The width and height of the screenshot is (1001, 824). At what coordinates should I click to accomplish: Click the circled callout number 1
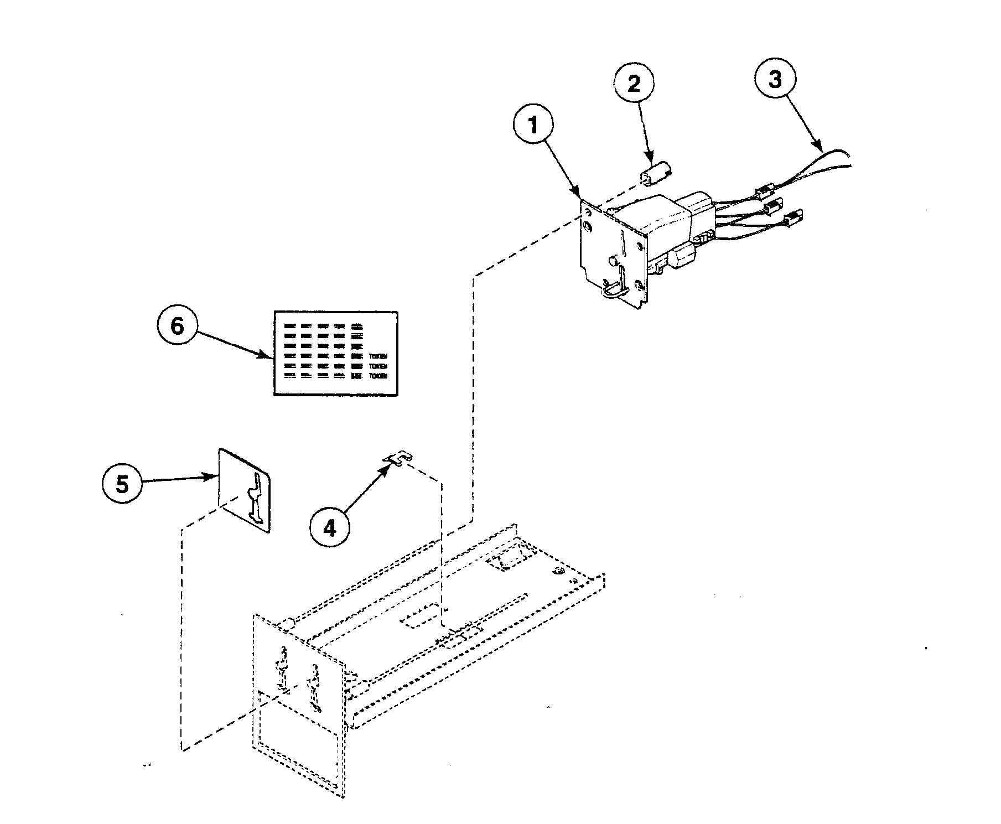coord(533,126)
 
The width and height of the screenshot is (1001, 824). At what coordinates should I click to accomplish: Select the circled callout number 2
coord(633,84)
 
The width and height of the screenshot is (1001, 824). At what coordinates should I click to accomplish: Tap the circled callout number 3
coord(775,80)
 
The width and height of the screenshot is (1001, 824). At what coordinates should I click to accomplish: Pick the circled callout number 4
coord(329,529)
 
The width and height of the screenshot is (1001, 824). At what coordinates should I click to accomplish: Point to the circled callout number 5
coord(122,484)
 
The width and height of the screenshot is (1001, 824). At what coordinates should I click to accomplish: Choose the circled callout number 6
coord(177,326)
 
